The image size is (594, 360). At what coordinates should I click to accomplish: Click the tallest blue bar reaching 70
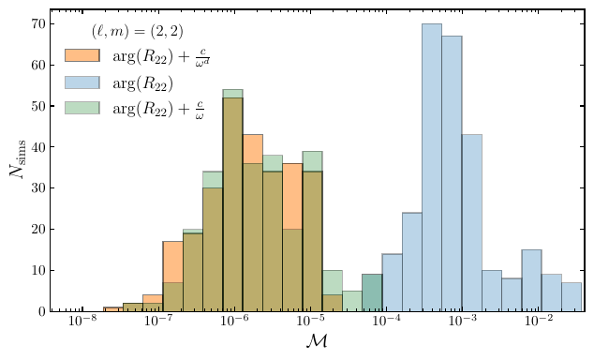tap(432, 169)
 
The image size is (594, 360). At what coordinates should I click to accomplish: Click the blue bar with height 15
tap(531, 280)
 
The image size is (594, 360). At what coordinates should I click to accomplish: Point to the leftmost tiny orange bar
tap(112, 309)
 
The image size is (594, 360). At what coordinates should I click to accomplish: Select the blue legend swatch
tap(82, 82)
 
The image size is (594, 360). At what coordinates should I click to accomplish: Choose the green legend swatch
tap(82, 109)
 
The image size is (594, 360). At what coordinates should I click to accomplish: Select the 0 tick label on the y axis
tap(42, 311)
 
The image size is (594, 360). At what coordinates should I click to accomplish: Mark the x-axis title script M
tap(316, 344)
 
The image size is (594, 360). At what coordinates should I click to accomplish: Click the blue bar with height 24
tap(412, 262)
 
